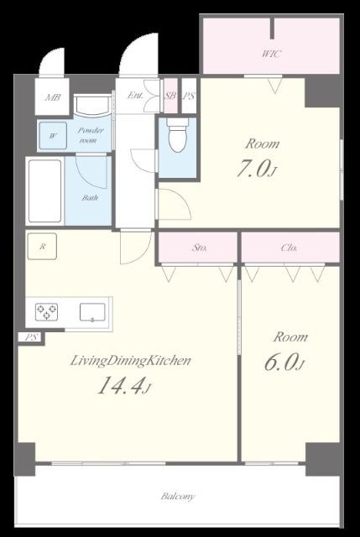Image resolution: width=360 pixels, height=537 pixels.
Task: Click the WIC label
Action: [272, 54]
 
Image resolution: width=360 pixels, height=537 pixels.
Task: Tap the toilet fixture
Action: [177, 135]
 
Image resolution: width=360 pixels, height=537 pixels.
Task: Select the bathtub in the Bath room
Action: [44, 191]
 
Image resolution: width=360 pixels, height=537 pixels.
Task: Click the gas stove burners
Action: [46, 312]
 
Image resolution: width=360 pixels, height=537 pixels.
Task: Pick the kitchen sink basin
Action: [92, 312]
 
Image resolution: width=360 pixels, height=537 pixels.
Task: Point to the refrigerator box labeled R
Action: [42, 246]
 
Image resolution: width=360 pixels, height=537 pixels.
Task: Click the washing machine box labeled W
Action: [53, 136]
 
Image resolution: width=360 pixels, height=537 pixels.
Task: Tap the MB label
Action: [53, 97]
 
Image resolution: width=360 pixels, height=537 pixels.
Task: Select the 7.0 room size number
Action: [253, 169]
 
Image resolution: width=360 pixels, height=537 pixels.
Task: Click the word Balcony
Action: [178, 496]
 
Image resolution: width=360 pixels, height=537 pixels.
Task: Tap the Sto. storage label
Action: [199, 248]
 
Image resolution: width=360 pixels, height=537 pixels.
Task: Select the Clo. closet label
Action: [289, 248]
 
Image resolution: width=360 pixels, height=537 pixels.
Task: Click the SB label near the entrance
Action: [170, 96]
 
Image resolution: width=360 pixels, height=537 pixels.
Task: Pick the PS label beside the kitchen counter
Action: [32, 337]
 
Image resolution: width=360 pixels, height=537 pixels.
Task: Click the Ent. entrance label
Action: [135, 96]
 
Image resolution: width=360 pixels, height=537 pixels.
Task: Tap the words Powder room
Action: [90, 135]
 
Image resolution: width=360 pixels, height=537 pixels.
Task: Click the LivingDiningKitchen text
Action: [131, 361]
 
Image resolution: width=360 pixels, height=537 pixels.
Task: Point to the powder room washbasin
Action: [92, 106]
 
